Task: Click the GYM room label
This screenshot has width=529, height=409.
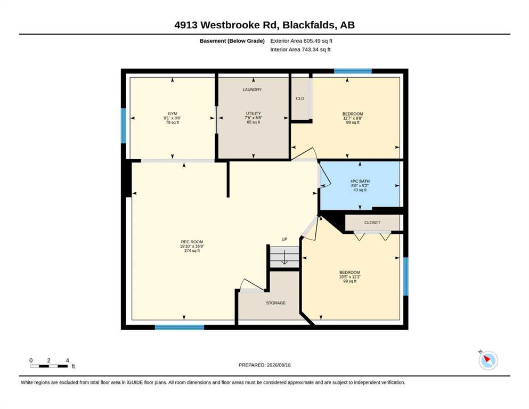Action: (x=173, y=113)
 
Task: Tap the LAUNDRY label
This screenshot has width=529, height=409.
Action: (x=252, y=89)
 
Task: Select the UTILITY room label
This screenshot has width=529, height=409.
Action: (x=254, y=113)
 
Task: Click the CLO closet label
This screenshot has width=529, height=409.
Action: (x=300, y=99)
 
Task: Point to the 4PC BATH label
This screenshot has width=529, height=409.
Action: (x=360, y=181)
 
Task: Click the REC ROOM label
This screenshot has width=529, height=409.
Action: (x=192, y=242)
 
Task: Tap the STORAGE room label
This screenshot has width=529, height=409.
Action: (x=275, y=303)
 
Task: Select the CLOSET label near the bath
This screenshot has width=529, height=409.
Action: (x=372, y=223)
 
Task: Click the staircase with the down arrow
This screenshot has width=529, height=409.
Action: (x=284, y=257)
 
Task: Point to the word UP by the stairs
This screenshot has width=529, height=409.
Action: (x=284, y=239)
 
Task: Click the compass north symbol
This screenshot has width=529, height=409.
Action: (x=488, y=360)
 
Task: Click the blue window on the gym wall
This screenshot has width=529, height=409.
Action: (x=124, y=126)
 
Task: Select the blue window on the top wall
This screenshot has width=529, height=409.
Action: (x=353, y=71)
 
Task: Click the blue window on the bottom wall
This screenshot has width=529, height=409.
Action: (x=180, y=327)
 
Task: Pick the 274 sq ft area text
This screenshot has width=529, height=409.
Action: (x=192, y=250)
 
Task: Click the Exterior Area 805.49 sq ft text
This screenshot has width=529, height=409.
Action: (x=302, y=41)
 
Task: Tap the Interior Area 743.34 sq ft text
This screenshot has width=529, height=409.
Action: (x=300, y=50)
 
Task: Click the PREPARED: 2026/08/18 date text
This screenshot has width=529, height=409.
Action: (x=264, y=365)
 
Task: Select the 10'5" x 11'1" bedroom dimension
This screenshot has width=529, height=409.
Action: (x=350, y=277)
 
